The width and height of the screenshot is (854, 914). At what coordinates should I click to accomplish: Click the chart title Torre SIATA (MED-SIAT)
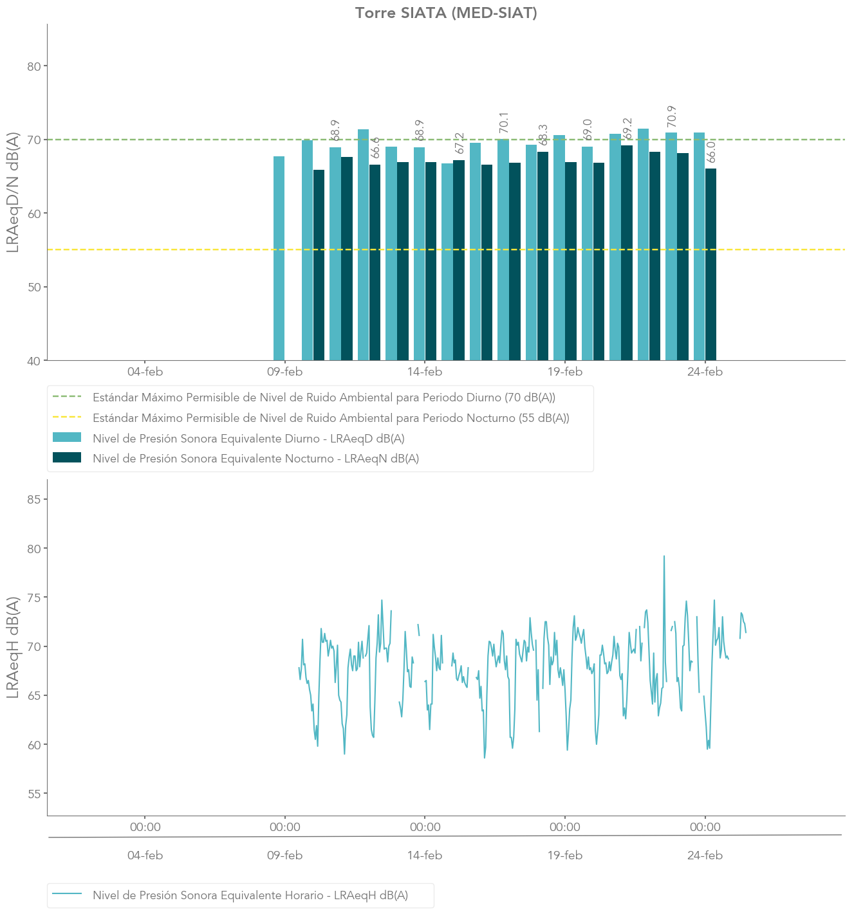click(x=446, y=13)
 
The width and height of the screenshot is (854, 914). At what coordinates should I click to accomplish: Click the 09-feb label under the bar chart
click(x=284, y=372)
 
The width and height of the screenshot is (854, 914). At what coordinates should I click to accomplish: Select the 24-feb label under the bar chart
click(x=705, y=372)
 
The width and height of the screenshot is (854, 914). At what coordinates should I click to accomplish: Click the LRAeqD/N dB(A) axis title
click(x=13, y=193)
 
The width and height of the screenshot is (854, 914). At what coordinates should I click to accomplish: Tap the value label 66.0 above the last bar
click(x=711, y=152)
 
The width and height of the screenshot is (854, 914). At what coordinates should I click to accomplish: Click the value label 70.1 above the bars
click(x=504, y=123)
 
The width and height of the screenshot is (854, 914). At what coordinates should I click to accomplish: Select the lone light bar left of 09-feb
click(x=279, y=257)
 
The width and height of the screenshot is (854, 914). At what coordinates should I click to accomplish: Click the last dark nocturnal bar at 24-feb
click(x=710, y=264)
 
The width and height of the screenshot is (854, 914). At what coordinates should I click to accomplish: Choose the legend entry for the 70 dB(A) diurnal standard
click(x=324, y=398)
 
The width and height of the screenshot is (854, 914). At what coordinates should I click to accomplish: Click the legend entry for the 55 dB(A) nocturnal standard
click(x=331, y=418)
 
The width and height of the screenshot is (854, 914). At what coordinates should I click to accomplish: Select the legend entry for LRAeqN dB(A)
click(x=255, y=459)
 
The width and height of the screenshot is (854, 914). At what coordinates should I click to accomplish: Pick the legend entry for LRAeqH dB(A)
click(x=250, y=895)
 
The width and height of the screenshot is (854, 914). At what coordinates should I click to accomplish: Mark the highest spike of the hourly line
click(x=664, y=557)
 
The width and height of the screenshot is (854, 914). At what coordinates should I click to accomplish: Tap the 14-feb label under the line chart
click(x=425, y=855)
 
